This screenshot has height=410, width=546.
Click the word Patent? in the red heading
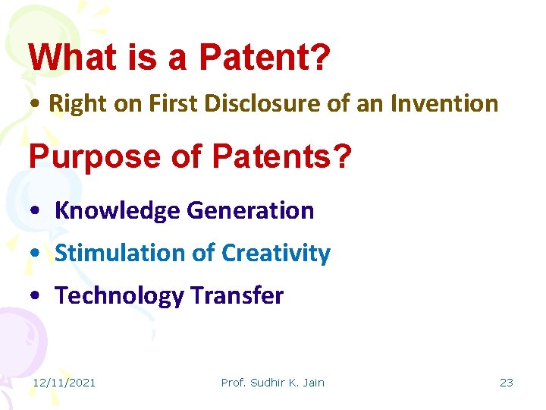coord(265,57)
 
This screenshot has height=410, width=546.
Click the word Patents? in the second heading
coord(281,156)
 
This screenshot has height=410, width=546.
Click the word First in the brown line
coord(165,103)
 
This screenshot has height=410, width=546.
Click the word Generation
coord(251,210)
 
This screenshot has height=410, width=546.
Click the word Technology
coord(119,296)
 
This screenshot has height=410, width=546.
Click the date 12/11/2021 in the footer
coord(64,383)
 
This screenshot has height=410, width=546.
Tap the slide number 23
coord(506,383)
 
